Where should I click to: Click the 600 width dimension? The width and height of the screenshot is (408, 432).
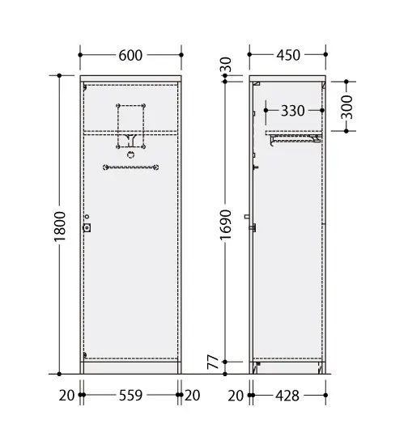tap(130, 55)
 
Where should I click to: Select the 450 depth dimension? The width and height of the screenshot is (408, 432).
tap(288, 55)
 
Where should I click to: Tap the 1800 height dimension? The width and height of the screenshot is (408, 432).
tap(60, 227)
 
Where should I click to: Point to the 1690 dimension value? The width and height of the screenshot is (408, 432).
tap(226, 225)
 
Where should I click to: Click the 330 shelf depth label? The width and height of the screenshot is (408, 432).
tap(292, 111)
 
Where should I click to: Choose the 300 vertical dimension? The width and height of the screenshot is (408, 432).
tap(346, 107)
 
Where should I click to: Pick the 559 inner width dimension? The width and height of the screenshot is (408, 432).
tap(130, 396)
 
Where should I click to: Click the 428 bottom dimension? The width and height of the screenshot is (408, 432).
tap(287, 396)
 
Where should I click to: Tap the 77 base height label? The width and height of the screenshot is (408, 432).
tap(213, 362)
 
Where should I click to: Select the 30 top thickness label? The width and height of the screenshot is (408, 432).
tap(226, 65)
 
